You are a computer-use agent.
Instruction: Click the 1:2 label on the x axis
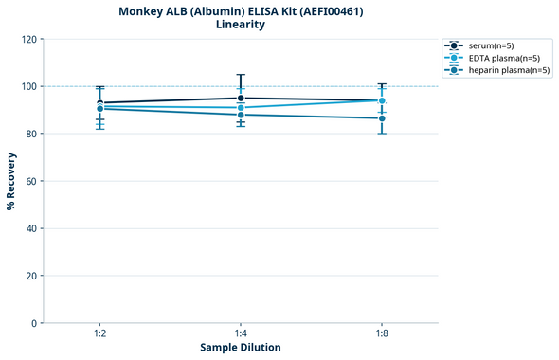99,333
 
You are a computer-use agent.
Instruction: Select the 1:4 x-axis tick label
241,333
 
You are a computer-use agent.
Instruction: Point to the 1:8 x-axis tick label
382,333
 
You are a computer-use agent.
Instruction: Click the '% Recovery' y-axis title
11,181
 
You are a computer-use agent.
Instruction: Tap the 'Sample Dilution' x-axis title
241,348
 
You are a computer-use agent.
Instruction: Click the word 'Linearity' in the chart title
241,25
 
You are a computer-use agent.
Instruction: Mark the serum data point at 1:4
241,98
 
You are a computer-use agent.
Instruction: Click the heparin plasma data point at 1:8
382,118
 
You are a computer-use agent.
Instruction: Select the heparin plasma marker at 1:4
241,115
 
